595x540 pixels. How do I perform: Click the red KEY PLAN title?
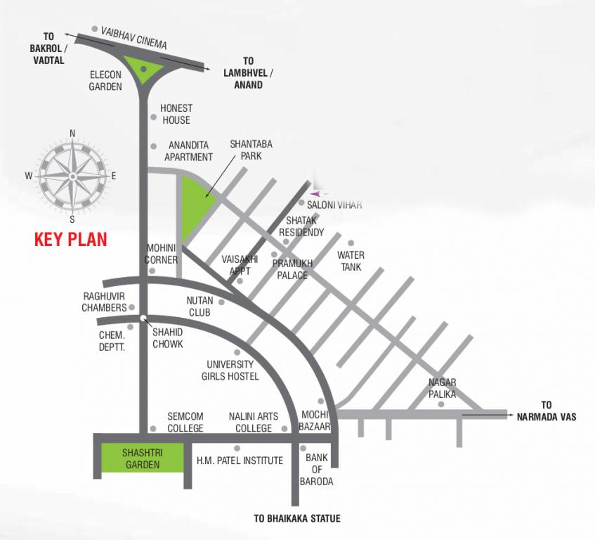click(x=71, y=239)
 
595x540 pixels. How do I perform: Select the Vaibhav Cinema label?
click(x=134, y=38)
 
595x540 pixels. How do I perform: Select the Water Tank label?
click(x=351, y=261)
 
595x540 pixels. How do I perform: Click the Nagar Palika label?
click(x=443, y=388)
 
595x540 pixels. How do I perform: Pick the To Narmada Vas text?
click(x=556, y=411)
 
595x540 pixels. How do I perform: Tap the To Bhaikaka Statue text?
click(x=297, y=519)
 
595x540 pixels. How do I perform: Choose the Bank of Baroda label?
click(x=319, y=470)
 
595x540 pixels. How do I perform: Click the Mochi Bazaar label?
click(x=315, y=421)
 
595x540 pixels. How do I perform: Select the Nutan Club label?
click(x=200, y=306)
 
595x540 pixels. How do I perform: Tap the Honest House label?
click(x=176, y=114)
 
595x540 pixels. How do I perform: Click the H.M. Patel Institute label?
click(x=240, y=461)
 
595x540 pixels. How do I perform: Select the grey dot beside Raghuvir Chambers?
click(x=132, y=307)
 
